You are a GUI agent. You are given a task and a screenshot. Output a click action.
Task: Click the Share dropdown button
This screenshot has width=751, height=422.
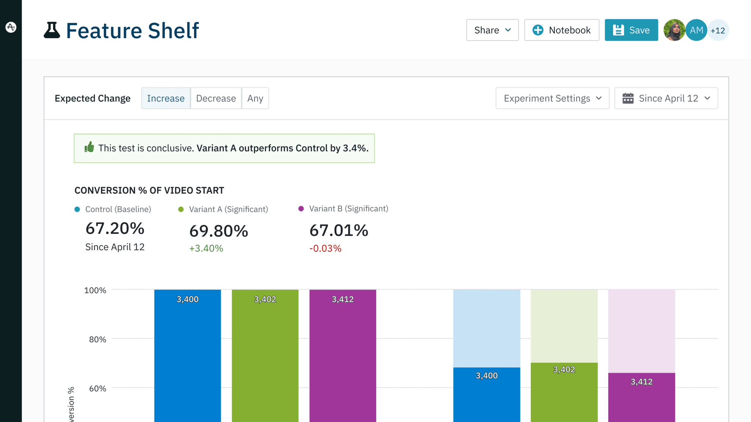coord(492,30)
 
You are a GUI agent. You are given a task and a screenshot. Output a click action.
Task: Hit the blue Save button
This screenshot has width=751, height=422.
coord(631,30)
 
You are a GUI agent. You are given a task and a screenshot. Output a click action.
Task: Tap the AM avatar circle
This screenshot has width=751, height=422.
coord(696,30)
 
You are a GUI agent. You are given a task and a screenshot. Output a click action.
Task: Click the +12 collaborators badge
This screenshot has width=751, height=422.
coord(718,30)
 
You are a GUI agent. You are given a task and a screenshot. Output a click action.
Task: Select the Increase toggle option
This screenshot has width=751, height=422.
coord(166,98)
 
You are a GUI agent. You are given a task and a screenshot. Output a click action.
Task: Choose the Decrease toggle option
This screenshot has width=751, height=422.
coord(216,98)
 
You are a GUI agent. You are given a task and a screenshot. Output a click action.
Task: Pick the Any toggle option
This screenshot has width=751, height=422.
coord(255,98)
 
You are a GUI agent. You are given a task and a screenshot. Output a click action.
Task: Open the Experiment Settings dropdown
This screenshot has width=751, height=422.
coord(552,98)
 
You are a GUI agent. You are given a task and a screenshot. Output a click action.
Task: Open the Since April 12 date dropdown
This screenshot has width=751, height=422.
coord(666,98)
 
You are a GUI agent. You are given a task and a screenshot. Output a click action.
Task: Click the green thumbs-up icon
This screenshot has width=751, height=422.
coord(89,147)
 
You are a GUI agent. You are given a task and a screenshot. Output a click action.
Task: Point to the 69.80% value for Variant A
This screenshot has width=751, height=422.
coord(219,231)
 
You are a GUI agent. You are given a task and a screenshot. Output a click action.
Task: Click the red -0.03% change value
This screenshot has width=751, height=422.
coord(325,248)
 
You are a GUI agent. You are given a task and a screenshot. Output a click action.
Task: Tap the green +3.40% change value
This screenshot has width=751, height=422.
coord(206,248)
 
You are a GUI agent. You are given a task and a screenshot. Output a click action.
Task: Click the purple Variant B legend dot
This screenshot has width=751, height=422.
coord(301,209)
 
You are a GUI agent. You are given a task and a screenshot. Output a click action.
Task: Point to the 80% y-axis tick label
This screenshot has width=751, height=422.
coord(98,339)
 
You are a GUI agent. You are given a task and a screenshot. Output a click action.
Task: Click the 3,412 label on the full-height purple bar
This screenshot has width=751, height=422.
coord(342,299)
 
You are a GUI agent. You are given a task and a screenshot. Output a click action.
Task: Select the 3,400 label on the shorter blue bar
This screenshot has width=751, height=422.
coord(487,375)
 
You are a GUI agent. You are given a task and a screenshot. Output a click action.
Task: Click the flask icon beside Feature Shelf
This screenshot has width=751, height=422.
coord(52,30)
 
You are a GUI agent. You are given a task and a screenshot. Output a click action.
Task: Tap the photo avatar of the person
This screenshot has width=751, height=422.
coord(674,30)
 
